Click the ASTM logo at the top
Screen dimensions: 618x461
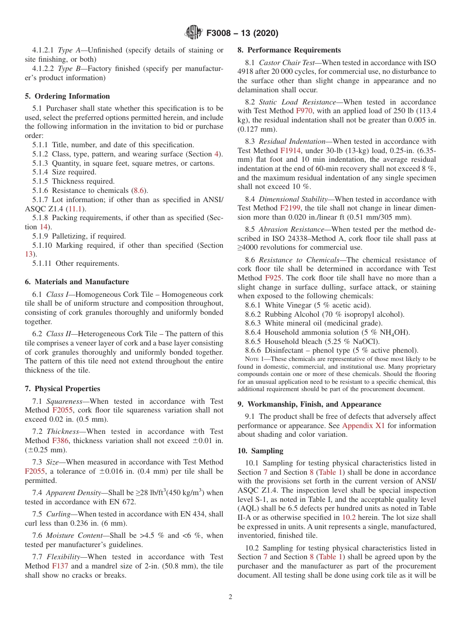[x=194, y=34]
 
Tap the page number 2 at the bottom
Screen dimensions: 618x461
[x=230, y=597]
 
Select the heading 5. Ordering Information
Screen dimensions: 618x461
[x=67, y=96]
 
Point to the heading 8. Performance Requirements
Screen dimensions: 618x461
[x=289, y=50]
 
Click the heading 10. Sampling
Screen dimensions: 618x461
[x=260, y=451]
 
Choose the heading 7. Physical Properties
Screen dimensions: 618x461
[x=63, y=389]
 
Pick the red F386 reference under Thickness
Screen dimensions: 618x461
[x=60, y=441]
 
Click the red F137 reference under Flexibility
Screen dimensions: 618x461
[x=60, y=566]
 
